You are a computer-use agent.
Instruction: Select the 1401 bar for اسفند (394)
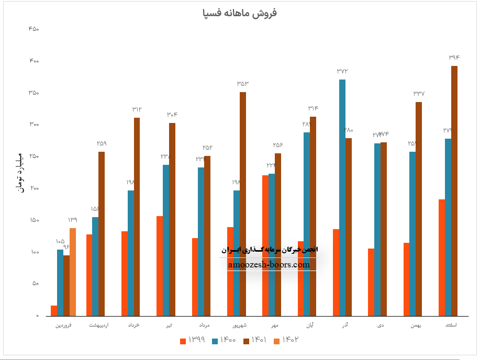[454, 191]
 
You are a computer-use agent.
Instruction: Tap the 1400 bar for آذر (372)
[342, 198]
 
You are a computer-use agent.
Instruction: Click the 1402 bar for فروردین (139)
[73, 272]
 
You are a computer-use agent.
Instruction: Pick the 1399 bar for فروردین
[54, 311]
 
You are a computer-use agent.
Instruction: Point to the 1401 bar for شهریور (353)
[243, 204]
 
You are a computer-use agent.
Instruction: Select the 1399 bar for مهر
[265, 245]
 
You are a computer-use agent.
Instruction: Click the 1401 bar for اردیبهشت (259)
[102, 234]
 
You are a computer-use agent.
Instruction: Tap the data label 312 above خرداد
[137, 109]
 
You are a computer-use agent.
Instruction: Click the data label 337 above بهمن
[419, 94]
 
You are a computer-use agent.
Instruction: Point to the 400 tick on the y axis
[34, 61]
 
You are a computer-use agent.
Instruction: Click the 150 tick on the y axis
[34, 220]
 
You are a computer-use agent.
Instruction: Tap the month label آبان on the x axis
[310, 325]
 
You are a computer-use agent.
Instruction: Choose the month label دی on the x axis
[380, 325]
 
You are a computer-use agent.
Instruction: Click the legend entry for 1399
[192, 341]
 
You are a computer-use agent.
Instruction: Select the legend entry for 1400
[224, 341]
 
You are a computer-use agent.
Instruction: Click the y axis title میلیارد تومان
[20, 173]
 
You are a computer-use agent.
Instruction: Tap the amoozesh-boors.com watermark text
[269, 265]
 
